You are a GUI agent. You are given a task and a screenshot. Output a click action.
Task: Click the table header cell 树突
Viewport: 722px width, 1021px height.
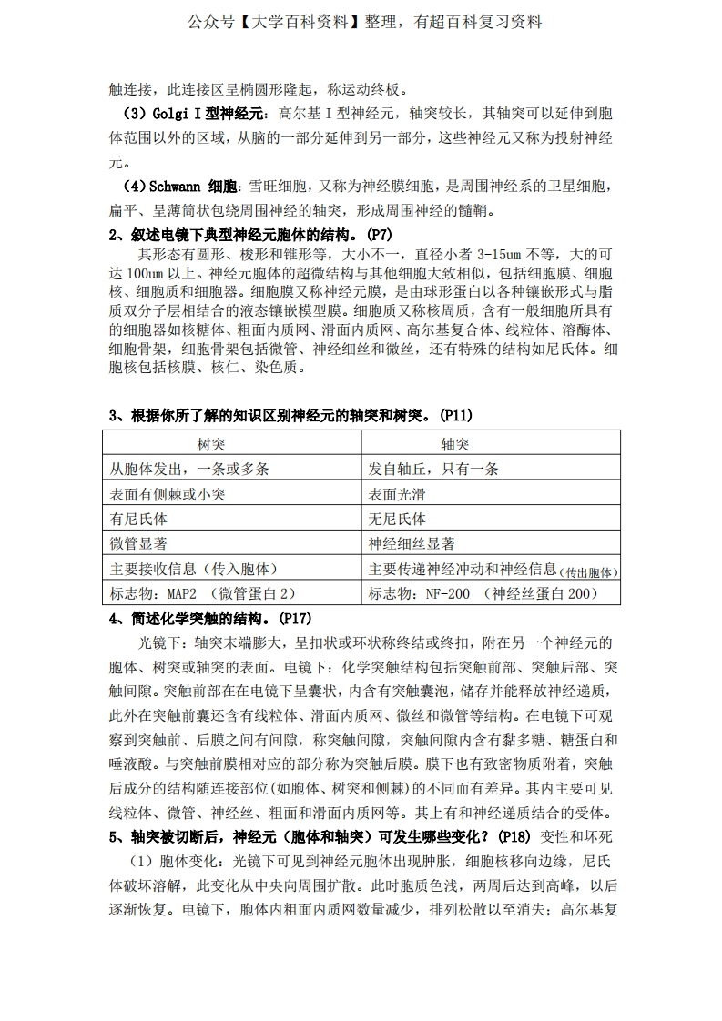(x=211, y=444)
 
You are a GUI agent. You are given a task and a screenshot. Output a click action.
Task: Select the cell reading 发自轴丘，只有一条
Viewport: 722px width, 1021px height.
(x=433, y=470)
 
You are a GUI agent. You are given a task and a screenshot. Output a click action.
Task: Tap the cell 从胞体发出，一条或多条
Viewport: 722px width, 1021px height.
(x=189, y=470)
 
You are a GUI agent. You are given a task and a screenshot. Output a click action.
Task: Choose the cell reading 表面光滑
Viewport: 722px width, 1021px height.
(x=396, y=494)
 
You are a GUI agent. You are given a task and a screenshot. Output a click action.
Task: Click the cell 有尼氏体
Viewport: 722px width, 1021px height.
(x=138, y=519)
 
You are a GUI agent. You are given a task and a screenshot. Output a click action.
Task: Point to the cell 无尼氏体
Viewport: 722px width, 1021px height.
(x=396, y=519)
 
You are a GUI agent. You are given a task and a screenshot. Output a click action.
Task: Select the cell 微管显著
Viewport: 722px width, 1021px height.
(x=138, y=544)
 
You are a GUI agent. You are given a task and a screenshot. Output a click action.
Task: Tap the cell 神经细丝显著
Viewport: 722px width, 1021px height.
(x=412, y=544)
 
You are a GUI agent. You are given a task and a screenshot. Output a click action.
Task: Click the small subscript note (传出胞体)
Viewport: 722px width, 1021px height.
(x=589, y=572)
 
